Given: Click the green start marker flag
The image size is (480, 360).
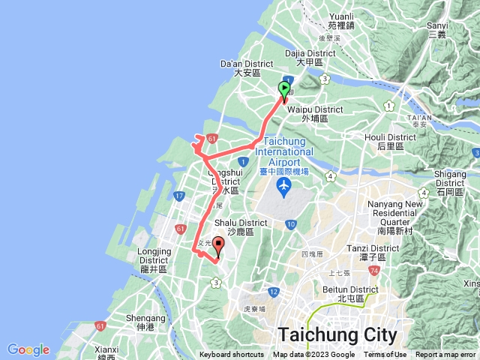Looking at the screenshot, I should (x=284, y=90).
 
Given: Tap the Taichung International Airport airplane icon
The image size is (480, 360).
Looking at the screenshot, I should (x=284, y=184).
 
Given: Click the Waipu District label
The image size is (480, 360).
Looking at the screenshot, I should (x=310, y=113).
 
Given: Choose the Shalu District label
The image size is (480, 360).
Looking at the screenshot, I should (x=241, y=227).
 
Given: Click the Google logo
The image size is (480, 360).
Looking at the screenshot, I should (x=28, y=349).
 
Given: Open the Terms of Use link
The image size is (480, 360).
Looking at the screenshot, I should (x=385, y=355).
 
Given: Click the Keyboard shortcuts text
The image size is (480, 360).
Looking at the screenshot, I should (x=232, y=355).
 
